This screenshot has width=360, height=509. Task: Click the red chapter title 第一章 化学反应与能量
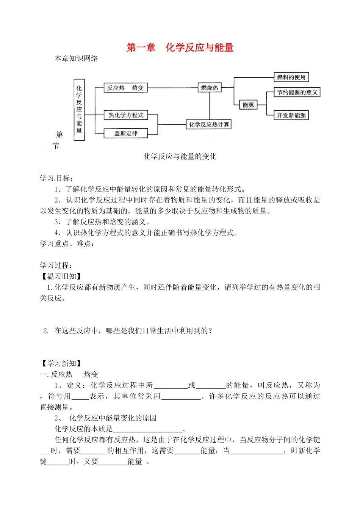coord(180,47)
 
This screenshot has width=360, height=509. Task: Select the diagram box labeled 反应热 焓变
coord(125,88)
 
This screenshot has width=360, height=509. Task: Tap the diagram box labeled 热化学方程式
coord(126,115)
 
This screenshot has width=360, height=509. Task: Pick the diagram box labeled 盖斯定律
coord(126,134)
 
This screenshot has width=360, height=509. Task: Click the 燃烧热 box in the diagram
coord(210,88)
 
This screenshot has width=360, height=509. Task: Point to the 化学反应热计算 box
coord(209,124)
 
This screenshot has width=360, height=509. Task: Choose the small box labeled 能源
coord(248,105)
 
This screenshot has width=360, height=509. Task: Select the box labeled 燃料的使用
coord(291,77)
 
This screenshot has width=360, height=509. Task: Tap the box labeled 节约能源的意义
coord(297,92)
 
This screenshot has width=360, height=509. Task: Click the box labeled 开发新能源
coord(291,115)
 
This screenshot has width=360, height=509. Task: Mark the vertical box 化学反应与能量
coord(79,110)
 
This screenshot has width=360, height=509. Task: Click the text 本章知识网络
coord(77,58)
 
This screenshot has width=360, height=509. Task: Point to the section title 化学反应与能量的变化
coord(180,156)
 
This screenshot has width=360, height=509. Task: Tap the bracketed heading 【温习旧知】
coord(61,276)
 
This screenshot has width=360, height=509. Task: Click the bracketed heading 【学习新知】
coord(61,364)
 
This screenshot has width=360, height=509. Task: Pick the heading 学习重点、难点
coord(67,244)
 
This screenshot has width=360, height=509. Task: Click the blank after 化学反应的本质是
coord(148,429)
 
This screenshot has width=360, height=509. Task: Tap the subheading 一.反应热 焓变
coord(69,374)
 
